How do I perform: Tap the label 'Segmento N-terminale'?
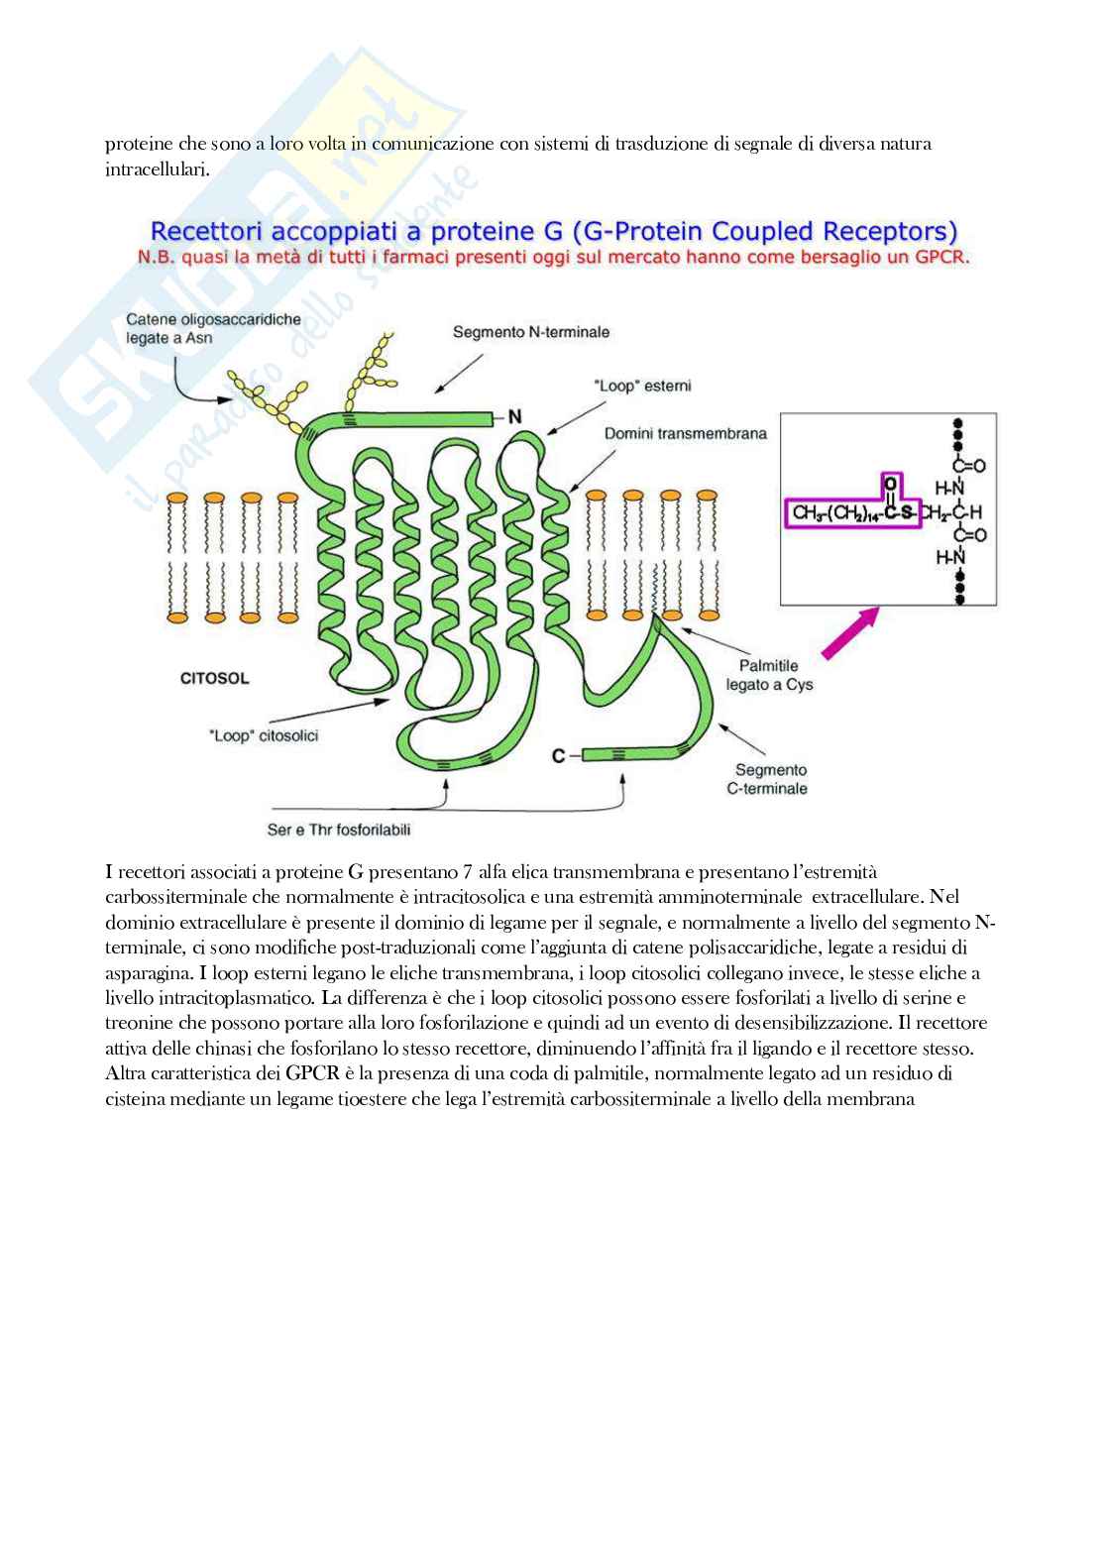tap(530, 333)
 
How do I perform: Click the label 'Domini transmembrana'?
tap(685, 434)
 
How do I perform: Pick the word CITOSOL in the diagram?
tap(214, 679)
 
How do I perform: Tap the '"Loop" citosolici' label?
tap(264, 736)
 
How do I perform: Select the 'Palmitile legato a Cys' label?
tap(769, 675)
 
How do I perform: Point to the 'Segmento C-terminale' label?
tap(771, 779)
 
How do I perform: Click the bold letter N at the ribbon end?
tap(514, 417)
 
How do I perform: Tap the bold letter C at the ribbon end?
tap(559, 756)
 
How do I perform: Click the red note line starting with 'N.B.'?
tap(553, 257)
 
